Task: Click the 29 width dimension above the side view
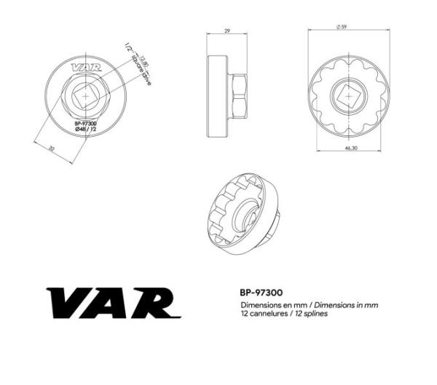(x=228, y=32)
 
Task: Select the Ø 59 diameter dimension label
(x=341, y=27)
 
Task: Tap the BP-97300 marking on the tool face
(x=86, y=124)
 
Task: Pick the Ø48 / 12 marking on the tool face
(x=86, y=130)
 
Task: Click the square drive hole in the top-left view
(x=86, y=96)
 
